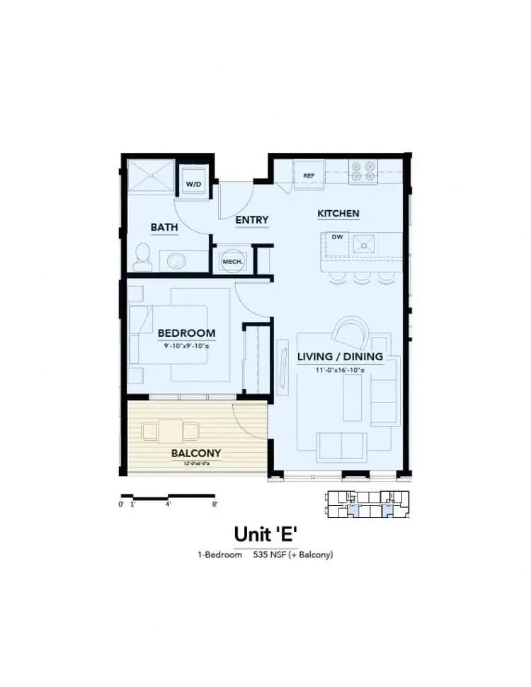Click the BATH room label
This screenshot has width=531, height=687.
tap(164, 227)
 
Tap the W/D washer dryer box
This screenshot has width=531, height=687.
tap(193, 184)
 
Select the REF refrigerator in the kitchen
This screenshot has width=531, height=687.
tap(309, 175)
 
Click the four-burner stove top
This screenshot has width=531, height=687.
tap(364, 171)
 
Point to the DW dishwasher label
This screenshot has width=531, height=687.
tap(337, 237)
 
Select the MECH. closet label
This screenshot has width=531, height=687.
tap(232, 262)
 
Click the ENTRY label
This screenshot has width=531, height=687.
tap(252, 220)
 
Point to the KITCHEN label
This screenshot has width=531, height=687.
tap(338, 214)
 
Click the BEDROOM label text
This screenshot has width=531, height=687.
tap(186, 333)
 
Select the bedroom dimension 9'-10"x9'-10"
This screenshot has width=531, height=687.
tap(186, 345)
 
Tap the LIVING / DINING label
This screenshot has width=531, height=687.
tap(340, 357)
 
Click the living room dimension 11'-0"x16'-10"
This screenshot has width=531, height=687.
tap(340, 369)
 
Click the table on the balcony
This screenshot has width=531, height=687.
tap(171, 430)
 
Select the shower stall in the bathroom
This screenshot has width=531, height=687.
tap(149, 176)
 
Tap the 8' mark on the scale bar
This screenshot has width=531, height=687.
tap(214, 504)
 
